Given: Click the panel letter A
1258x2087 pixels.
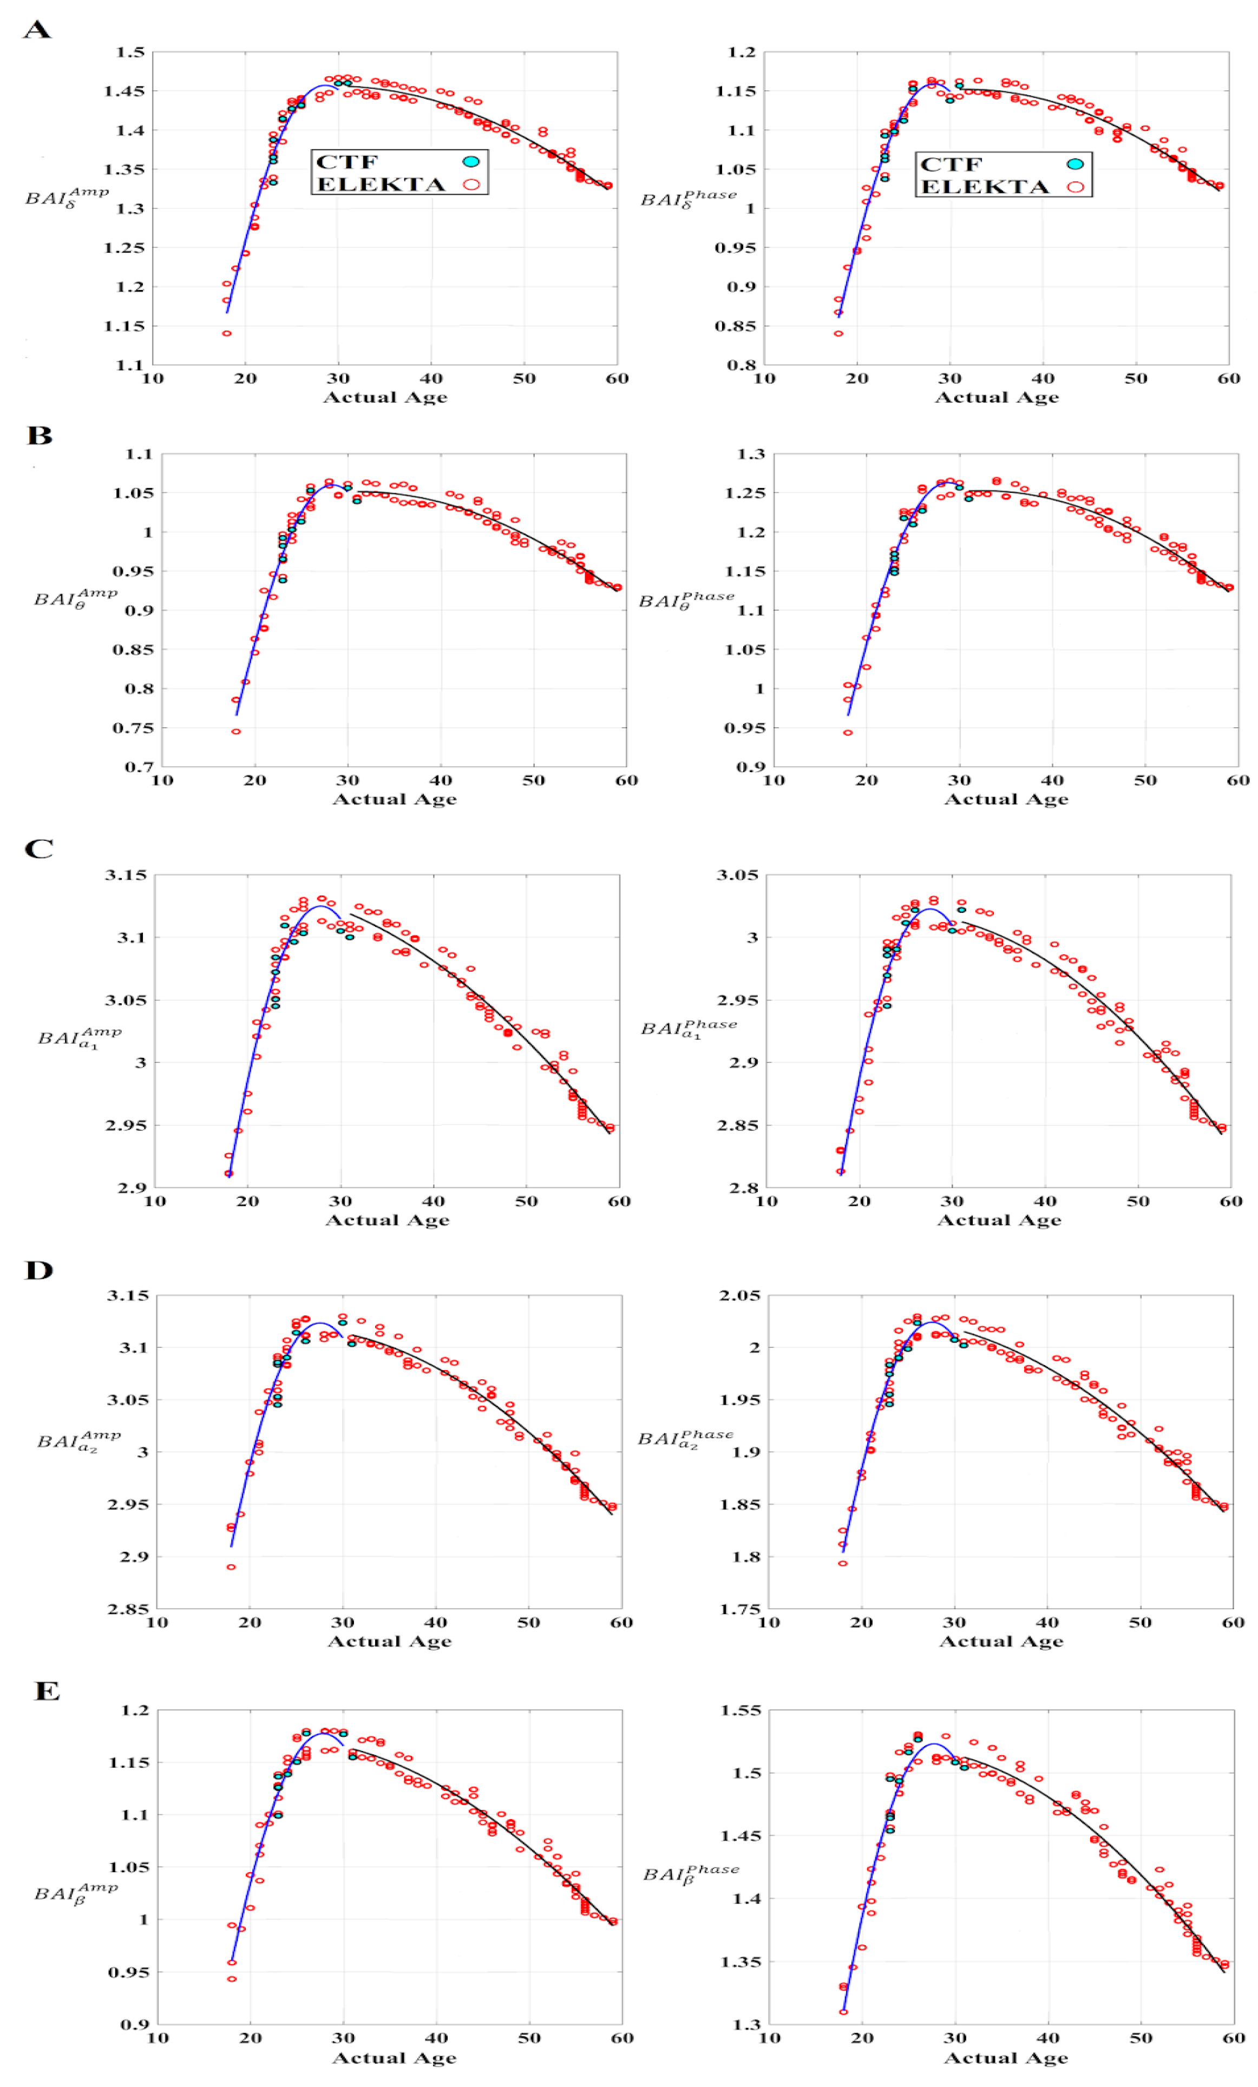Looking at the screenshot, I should [36, 30].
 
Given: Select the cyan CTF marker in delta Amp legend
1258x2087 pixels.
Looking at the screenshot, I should [471, 161].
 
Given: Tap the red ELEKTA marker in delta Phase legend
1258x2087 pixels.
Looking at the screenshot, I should [1075, 186].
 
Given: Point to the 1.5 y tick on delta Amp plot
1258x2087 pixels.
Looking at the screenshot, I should [130, 52].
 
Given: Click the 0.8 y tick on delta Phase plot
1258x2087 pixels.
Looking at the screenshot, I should [742, 365].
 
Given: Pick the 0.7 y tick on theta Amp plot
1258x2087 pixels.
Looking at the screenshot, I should [140, 767].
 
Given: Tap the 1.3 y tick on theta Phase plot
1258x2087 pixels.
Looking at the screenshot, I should [751, 454].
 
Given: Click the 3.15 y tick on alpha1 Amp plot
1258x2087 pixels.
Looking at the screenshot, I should [126, 874].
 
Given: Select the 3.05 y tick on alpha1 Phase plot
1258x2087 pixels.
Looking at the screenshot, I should [737, 874].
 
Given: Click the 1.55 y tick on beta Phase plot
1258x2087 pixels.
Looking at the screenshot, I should [741, 1710].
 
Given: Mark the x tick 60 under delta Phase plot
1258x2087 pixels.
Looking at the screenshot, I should [1228, 379].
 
